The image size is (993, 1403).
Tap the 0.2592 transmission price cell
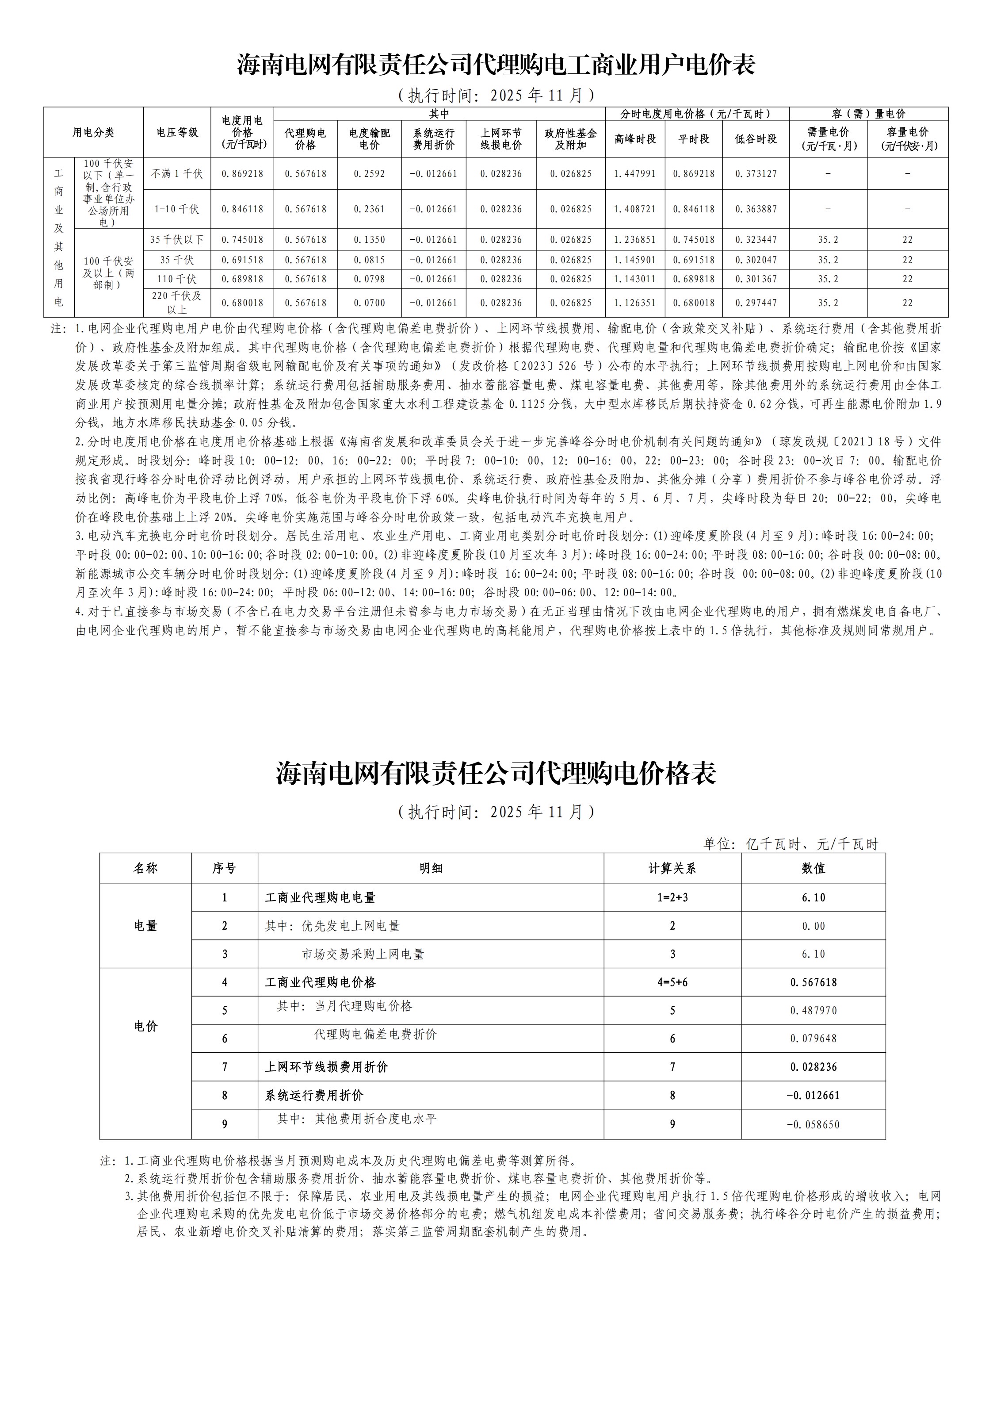[x=369, y=174]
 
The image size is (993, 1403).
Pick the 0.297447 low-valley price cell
[x=756, y=303]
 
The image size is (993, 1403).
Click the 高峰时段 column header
[x=635, y=139]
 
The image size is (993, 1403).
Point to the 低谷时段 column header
[x=756, y=139]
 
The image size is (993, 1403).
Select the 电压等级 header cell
[x=177, y=132]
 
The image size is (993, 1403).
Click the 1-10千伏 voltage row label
[x=177, y=209]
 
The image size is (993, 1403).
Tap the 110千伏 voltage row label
[x=177, y=279]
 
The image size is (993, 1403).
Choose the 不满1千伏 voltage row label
[x=177, y=174]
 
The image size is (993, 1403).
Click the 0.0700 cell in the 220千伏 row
[x=369, y=303]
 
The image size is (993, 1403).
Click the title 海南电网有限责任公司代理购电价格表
[x=496, y=774]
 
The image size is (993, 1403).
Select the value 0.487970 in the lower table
[x=813, y=1010]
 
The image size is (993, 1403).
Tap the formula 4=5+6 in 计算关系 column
[x=672, y=982]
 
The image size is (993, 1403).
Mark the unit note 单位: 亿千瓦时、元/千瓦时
[x=791, y=844]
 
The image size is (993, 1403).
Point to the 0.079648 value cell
[x=813, y=1039]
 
